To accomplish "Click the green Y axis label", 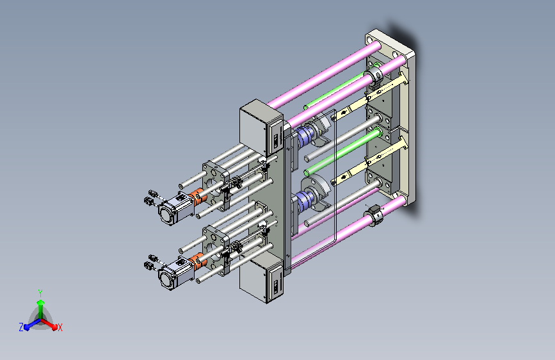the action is (40, 293).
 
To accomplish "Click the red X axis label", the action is (60, 328).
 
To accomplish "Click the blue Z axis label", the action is (21, 327).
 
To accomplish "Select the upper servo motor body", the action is (176, 208).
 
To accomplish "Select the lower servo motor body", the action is (176, 274).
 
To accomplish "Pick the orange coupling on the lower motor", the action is (198, 263).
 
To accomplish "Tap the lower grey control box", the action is (261, 278).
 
